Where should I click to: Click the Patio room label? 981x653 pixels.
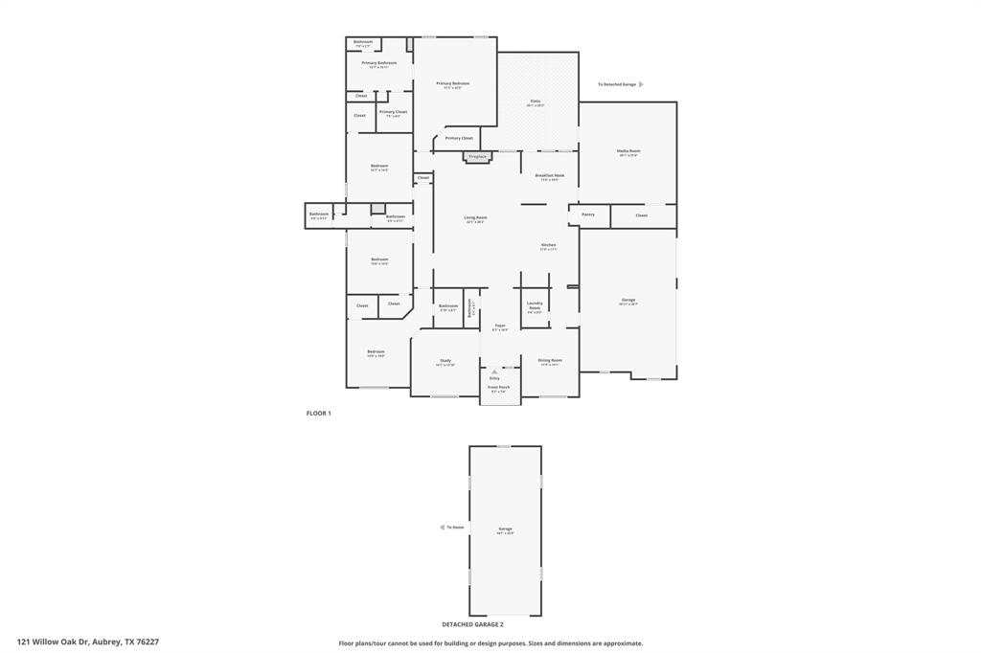point(536,101)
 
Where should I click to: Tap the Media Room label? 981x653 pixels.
point(628,151)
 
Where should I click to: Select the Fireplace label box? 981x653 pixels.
point(477,156)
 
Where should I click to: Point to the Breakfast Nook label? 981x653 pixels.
point(550,176)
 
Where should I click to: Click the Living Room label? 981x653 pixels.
point(475,218)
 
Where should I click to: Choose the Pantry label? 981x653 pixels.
point(588,214)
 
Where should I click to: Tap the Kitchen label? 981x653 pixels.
point(548,245)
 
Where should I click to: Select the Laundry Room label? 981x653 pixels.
point(535,306)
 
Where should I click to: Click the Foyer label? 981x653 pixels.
point(500,326)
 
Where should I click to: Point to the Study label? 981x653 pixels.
point(445,361)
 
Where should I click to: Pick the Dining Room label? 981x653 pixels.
point(550,361)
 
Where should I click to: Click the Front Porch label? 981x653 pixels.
point(500,388)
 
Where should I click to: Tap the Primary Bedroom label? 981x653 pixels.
point(453,84)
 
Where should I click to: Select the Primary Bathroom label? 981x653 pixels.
point(379,63)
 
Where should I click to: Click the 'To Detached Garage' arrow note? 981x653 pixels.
point(620,84)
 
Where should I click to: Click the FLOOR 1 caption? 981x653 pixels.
point(319,413)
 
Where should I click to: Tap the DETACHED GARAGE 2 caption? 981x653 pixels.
point(472,624)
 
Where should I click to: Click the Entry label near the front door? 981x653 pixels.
point(494,378)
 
